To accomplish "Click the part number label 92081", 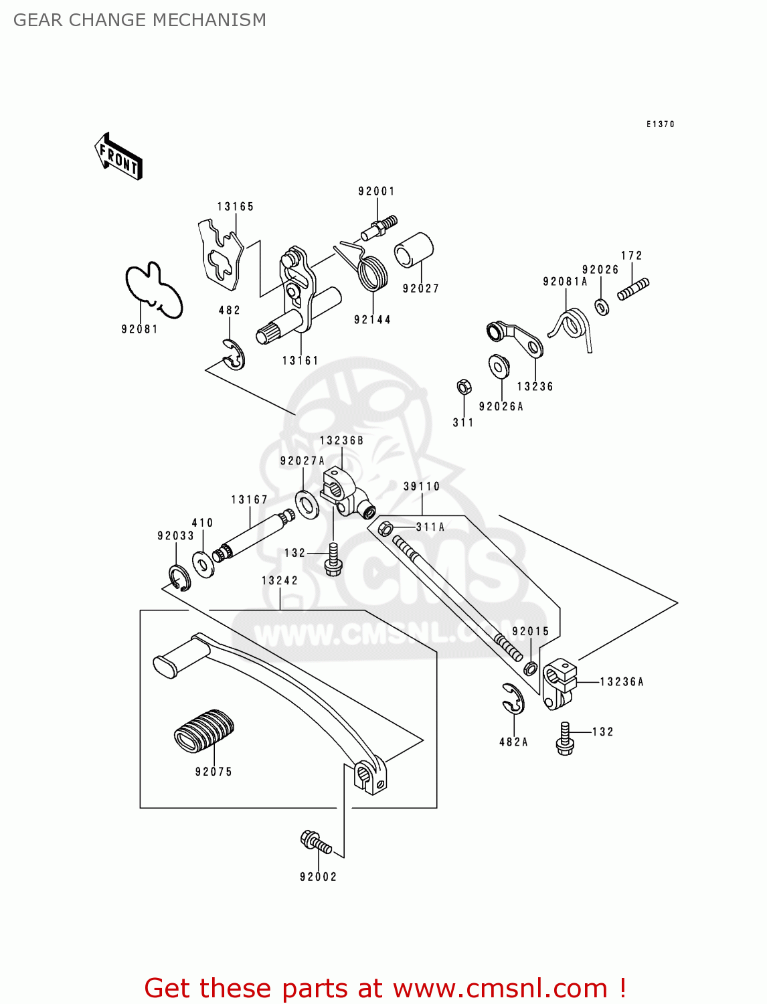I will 139,329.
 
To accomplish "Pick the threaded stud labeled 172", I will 633,289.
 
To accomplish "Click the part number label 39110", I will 422,487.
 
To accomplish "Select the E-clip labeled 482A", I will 514,699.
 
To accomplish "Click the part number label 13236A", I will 622,682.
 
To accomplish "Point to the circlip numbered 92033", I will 179,578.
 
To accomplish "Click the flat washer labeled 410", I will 202,564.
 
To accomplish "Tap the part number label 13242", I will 280,581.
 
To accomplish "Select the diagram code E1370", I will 660,124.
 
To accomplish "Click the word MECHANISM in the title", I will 209,20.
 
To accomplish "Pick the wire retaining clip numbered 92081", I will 154,290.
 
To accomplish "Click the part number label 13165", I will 236,207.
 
